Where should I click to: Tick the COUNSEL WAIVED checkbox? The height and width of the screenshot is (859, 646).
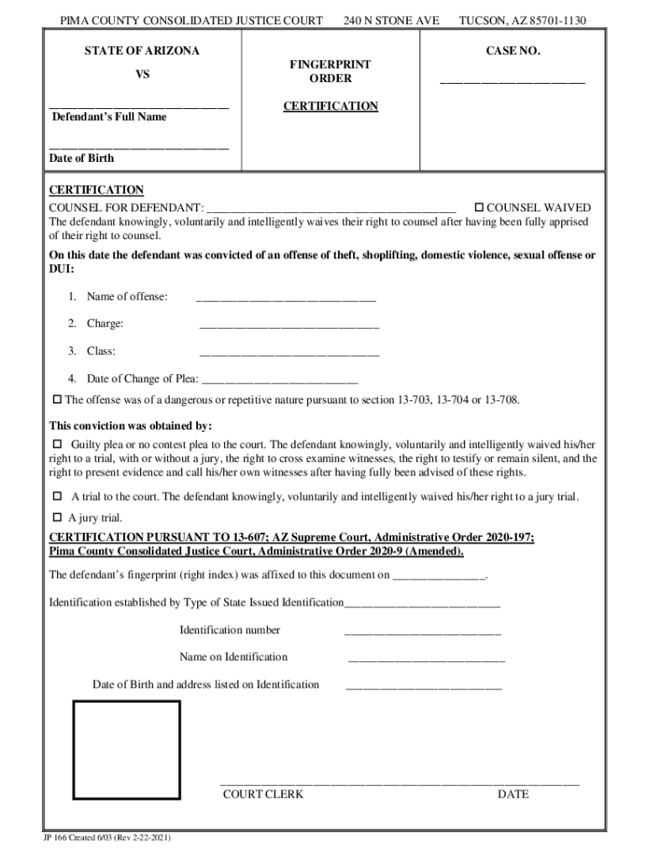[480, 207]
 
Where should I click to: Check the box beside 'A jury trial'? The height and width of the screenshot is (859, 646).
[58, 517]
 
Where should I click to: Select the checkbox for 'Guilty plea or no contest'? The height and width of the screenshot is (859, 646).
[58, 443]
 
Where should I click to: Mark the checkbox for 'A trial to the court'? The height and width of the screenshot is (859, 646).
[58, 496]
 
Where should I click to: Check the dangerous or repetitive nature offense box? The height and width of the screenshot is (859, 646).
[58, 399]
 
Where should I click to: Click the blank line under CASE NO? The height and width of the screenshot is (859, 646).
[513, 82]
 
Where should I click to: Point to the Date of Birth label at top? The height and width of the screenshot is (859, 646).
[81, 159]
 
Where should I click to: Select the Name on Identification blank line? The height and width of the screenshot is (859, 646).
[426, 661]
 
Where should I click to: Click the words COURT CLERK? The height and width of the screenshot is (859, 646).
[263, 794]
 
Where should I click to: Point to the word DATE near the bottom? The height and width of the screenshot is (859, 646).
[513, 794]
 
